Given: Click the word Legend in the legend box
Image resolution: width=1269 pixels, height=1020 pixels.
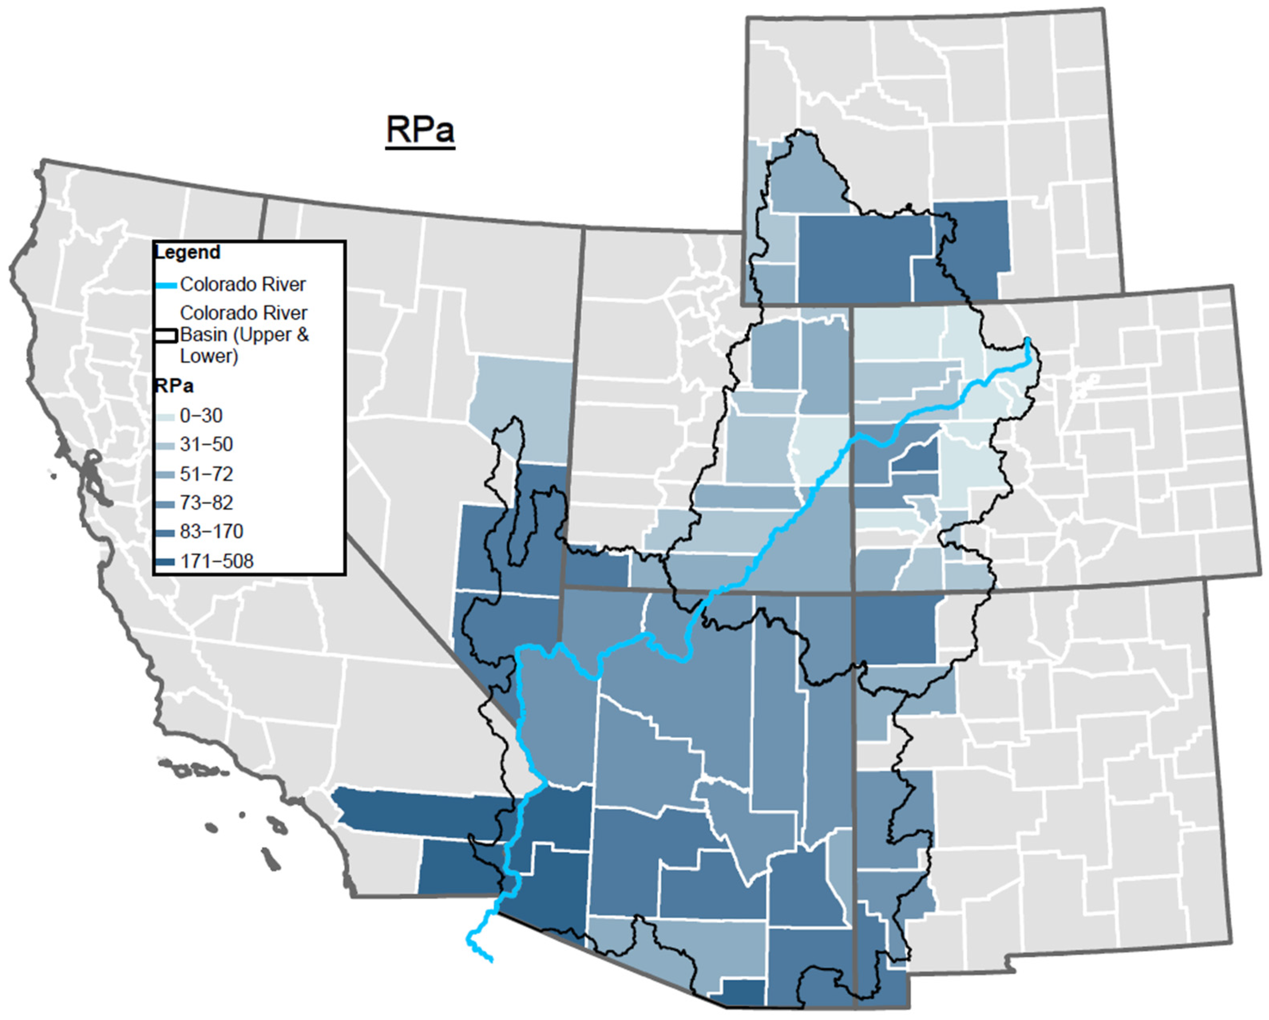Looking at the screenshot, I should [x=187, y=253].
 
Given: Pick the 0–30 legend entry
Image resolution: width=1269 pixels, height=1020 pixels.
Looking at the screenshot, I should [x=201, y=416].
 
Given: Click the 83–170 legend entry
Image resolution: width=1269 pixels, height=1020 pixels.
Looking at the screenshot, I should [x=211, y=532].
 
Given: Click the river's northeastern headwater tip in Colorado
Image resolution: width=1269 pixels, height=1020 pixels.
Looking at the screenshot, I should [x=1027, y=341].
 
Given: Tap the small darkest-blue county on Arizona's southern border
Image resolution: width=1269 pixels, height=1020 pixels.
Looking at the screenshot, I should [x=743, y=993].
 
